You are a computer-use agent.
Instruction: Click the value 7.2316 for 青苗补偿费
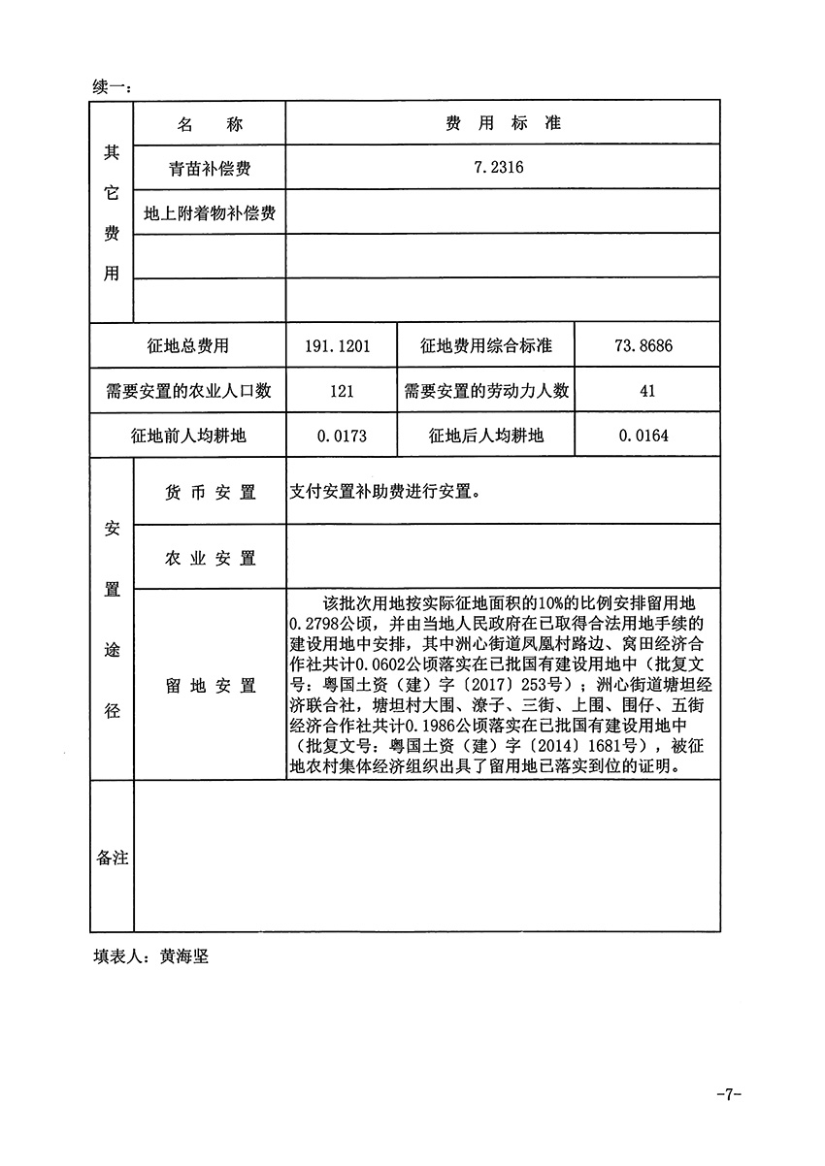coord(499,168)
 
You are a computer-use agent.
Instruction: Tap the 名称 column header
coord(210,124)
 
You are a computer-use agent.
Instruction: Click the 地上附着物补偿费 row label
coord(210,212)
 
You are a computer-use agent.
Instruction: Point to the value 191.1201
coord(341,346)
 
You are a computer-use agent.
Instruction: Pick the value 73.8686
coord(647,346)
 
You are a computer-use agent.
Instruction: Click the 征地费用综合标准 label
coord(486,346)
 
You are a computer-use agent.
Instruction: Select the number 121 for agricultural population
coord(341,391)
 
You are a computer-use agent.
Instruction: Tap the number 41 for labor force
coord(647,391)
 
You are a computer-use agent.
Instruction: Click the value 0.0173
coord(341,436)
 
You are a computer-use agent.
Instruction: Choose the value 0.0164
coord(647,436)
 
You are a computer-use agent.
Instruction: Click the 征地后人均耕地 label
coord(486,436)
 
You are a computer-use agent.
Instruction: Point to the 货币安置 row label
coord(210,492)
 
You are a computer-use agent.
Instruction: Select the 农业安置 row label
coord(210,558)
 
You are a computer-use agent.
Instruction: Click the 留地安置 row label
coord(210,685)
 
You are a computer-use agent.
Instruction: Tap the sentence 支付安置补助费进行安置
coord(384,491)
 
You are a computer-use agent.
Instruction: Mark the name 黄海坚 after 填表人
coord(184,955)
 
